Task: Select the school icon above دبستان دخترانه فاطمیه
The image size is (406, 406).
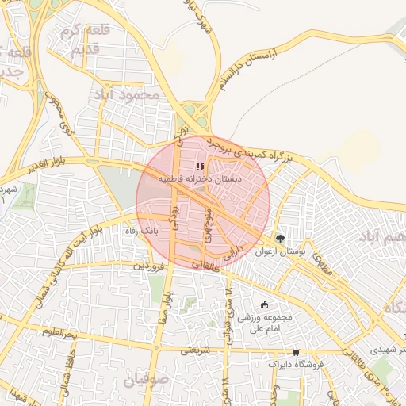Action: [x=198, y=167]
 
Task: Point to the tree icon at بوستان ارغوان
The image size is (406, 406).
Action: [x=279, y=239]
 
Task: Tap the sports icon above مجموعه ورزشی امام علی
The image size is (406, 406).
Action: [x=264, y=304]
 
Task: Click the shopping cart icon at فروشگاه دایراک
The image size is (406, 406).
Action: [x=296, y=352]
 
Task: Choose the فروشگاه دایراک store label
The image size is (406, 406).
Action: [x=298, y=365]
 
